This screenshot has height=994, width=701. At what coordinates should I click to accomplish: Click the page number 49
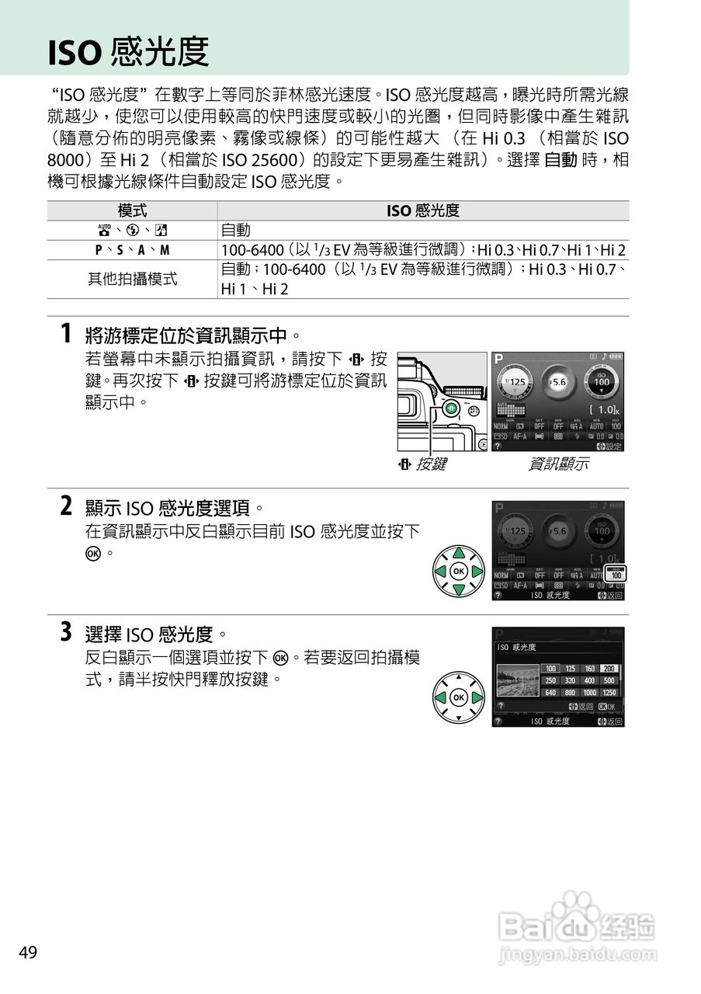[x=28, y=953]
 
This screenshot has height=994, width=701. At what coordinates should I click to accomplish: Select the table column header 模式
[x=132, y=211]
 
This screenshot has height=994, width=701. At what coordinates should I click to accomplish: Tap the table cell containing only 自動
[x=236, y=231]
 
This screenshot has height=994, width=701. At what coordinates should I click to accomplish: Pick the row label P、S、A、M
[x=132, y=250]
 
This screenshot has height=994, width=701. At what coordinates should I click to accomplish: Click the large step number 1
[x=68, y=335]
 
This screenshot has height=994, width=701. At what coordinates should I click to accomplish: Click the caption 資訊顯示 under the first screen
[x=558, y=465]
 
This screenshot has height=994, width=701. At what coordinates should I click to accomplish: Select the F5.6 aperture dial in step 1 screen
[x=557, y=382]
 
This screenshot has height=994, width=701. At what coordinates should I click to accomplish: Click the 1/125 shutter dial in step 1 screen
[x=514, y=382]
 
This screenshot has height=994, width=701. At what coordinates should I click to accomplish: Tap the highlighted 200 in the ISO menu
[x=609, y=669]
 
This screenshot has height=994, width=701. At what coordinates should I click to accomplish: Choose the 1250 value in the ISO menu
[x=609, y=692]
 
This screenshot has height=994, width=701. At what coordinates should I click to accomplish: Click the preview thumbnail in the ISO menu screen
[x=518, y=681]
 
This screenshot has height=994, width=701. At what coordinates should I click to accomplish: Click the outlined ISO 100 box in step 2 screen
[x=615, y=574]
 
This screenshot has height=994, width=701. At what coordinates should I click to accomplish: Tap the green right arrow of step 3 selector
[x=477, y=697]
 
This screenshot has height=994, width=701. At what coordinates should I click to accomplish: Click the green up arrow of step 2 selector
[x=459, y=553]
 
